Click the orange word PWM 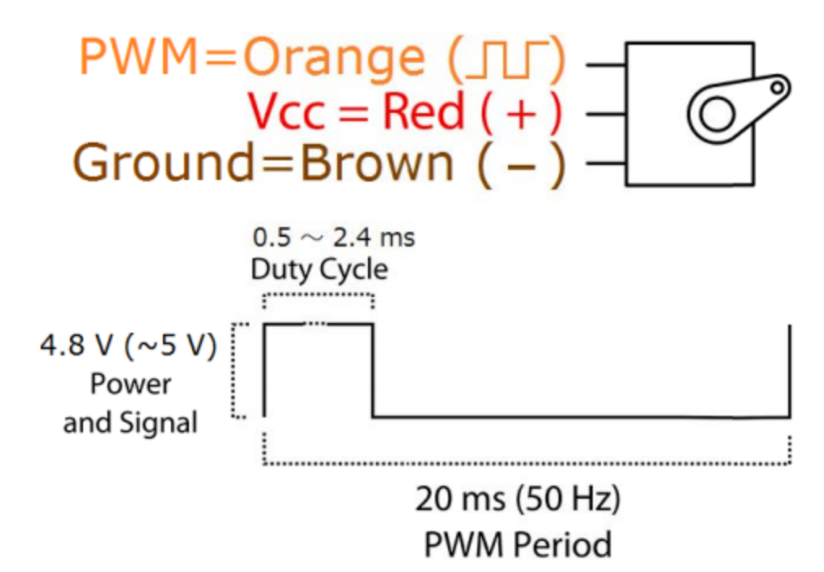click(x=138, y=56)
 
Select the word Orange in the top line click(x=334, y=59)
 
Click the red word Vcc click(x=287, y=111)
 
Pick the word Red click(x=423, y=111)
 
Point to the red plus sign click(x=521, y=113)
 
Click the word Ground click(x=164, y=163)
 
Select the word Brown click(x=376, y=162)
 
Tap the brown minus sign click(x=521, y=166)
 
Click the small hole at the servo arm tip click(x=778, y=88)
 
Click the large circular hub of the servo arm click(x=717, y=115)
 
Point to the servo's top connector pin click(x=606, y=65)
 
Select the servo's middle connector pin click(x=606, y=114)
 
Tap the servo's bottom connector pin click(x=606, y=164)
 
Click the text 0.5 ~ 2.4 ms click(x=334, y=238)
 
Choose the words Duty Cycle click(x=319, y=270)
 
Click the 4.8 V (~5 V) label click(x=129, y=346)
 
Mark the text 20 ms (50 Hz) click(x=518, y=499)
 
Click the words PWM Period click(x=518, y=544)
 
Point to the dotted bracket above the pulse click(x=318, y=295)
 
